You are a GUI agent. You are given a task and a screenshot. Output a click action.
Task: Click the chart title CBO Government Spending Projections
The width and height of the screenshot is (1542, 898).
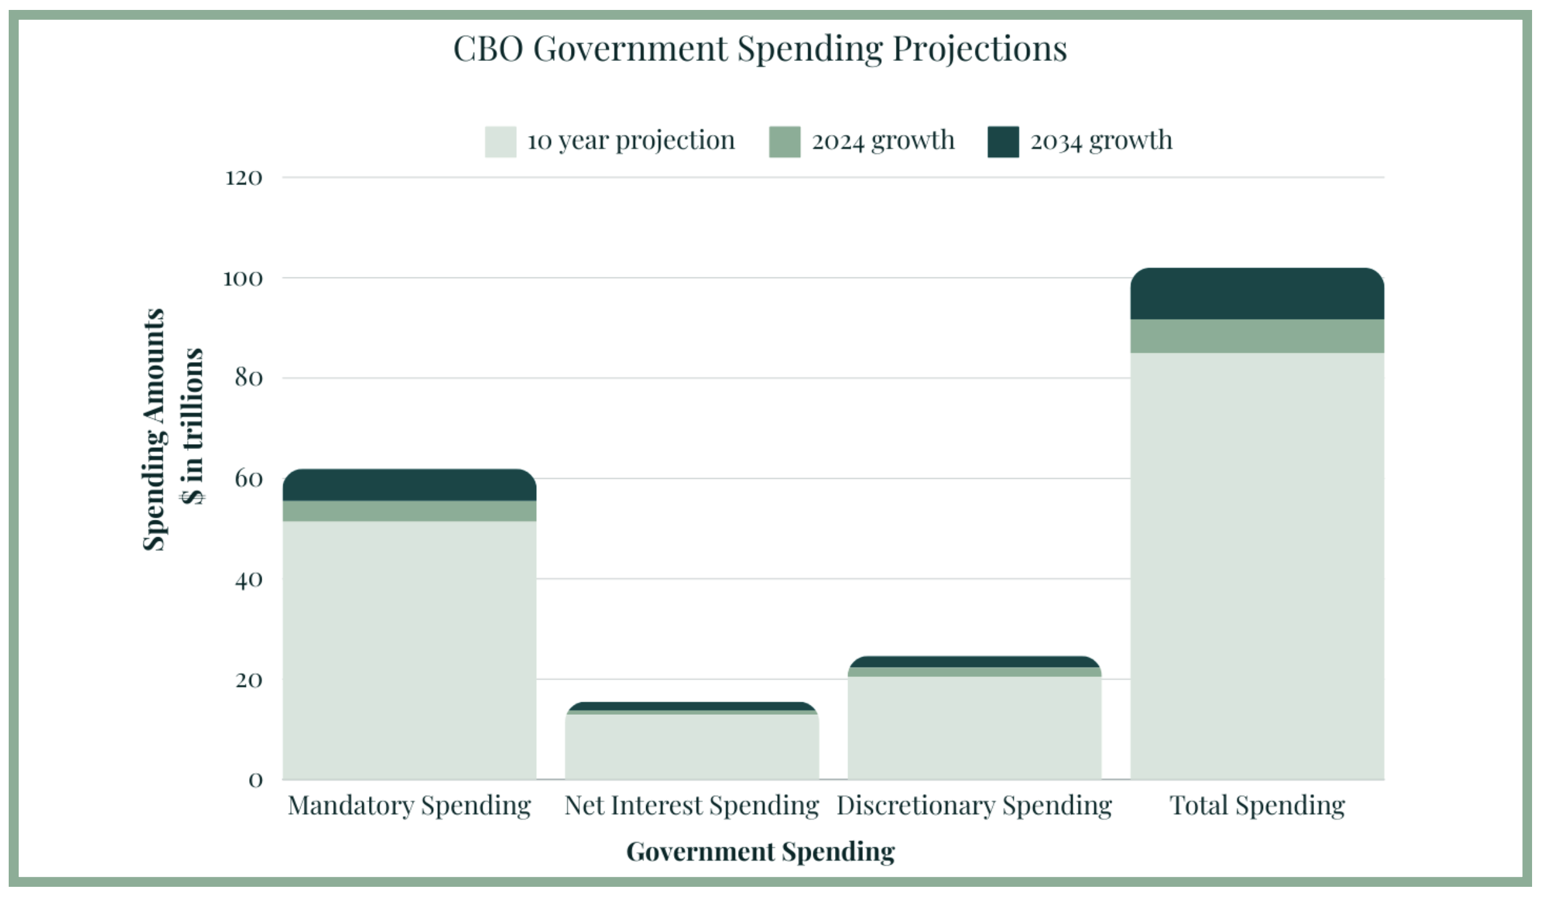[x=760, y=48]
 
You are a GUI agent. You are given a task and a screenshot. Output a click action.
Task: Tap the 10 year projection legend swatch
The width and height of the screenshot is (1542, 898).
[x=500, y=142]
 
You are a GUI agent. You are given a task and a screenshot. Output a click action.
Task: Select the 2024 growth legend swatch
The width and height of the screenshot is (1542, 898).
[x=784, y=142]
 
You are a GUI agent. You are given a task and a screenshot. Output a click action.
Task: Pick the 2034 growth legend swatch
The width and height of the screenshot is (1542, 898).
[x=1003, y=142]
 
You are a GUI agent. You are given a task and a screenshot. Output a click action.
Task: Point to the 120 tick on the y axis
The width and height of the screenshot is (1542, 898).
[x=244, y=178]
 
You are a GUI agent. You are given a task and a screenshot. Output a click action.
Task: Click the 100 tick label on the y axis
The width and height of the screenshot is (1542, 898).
[x=242, y=278]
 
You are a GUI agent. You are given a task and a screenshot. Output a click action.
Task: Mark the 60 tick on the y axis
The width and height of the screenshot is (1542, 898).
[x=249, y=479]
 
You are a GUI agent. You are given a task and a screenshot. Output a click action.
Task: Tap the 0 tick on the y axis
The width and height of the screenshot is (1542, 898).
[x=255, y=780]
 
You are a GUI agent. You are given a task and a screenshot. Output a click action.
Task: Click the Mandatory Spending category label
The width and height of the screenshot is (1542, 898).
[x=409, y=805]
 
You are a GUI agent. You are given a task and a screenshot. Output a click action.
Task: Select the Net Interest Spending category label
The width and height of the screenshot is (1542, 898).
[x=691, y=805]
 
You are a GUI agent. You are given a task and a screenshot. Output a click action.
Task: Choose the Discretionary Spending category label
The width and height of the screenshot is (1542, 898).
[x=974, y=805]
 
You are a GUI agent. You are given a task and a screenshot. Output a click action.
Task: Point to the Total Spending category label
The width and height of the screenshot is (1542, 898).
[x=1257, y=805]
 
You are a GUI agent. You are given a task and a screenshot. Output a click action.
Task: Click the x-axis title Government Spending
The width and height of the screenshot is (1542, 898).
[x=760, y=851]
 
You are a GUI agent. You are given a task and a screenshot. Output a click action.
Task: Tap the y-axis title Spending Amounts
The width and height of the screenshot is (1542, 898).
[x=154, y=429]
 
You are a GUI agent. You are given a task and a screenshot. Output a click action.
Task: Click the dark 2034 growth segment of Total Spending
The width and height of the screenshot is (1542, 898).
[x=1257, y=294]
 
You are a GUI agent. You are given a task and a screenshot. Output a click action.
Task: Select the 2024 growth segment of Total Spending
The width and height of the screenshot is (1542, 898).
[x=1257, y=336]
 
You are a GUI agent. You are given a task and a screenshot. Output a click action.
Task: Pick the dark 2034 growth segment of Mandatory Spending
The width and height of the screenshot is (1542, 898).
[x=409, y=485]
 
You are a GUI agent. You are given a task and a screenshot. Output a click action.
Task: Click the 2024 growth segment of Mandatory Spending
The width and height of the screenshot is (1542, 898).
[x=409, y=510]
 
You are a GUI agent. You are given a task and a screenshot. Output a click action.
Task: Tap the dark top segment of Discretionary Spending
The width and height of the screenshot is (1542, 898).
[x=974, y=662]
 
